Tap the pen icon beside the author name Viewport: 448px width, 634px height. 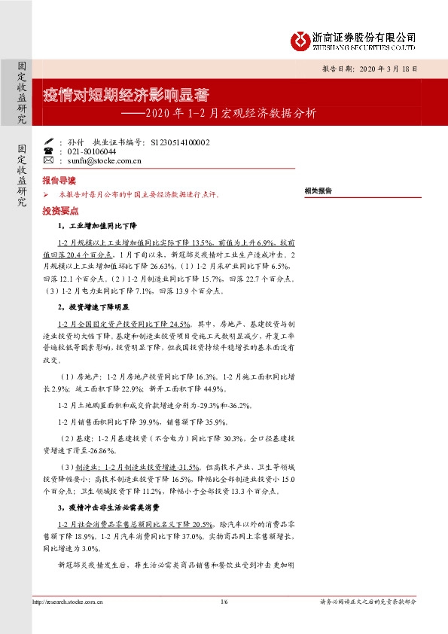click(49, 141)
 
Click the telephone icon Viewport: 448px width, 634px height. click(49, 151)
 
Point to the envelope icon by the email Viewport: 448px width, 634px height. click(49, 160)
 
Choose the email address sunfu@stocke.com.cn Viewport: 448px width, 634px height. click(104, 160)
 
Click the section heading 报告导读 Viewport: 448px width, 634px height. click(59, 181)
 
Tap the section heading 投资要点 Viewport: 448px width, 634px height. click(59, 212)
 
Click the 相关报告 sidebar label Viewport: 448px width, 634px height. click(318, 191)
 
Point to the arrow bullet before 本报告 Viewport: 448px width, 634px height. click(47, 195)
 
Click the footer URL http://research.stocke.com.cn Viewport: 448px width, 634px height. click(67, 602)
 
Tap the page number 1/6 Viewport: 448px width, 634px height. click(224, 602)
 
